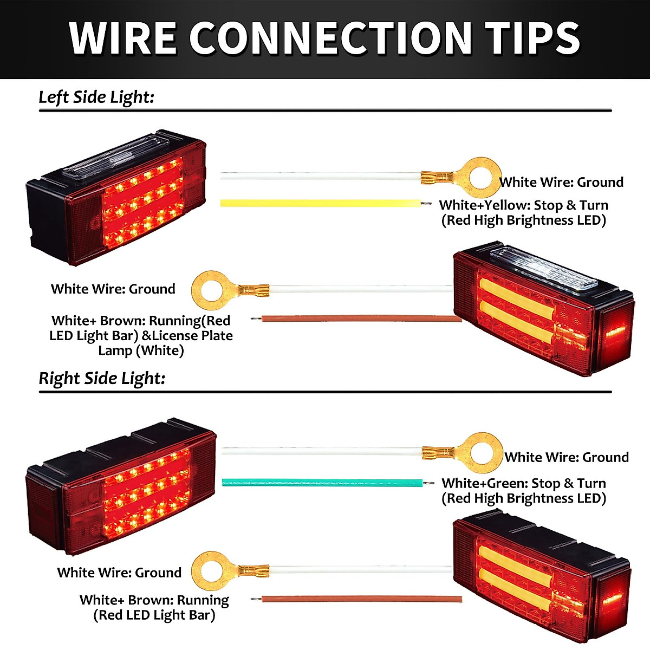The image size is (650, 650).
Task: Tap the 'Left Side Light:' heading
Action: click(96, 97)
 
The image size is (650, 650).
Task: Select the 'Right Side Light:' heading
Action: click(102, 378)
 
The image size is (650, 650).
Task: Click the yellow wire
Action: click(320, 203)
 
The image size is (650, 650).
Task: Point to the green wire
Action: click(322, 482)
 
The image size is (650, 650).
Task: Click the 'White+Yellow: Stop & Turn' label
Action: click(523, 205)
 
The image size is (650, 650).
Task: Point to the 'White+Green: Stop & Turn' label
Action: click(523, 483)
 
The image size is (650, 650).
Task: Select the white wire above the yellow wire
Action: click(320, 176)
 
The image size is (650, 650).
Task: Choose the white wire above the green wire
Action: click(322, 451)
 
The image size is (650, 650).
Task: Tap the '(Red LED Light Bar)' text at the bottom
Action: click(154, 615)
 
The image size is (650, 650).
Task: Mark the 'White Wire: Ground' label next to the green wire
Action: click(567, 457)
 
